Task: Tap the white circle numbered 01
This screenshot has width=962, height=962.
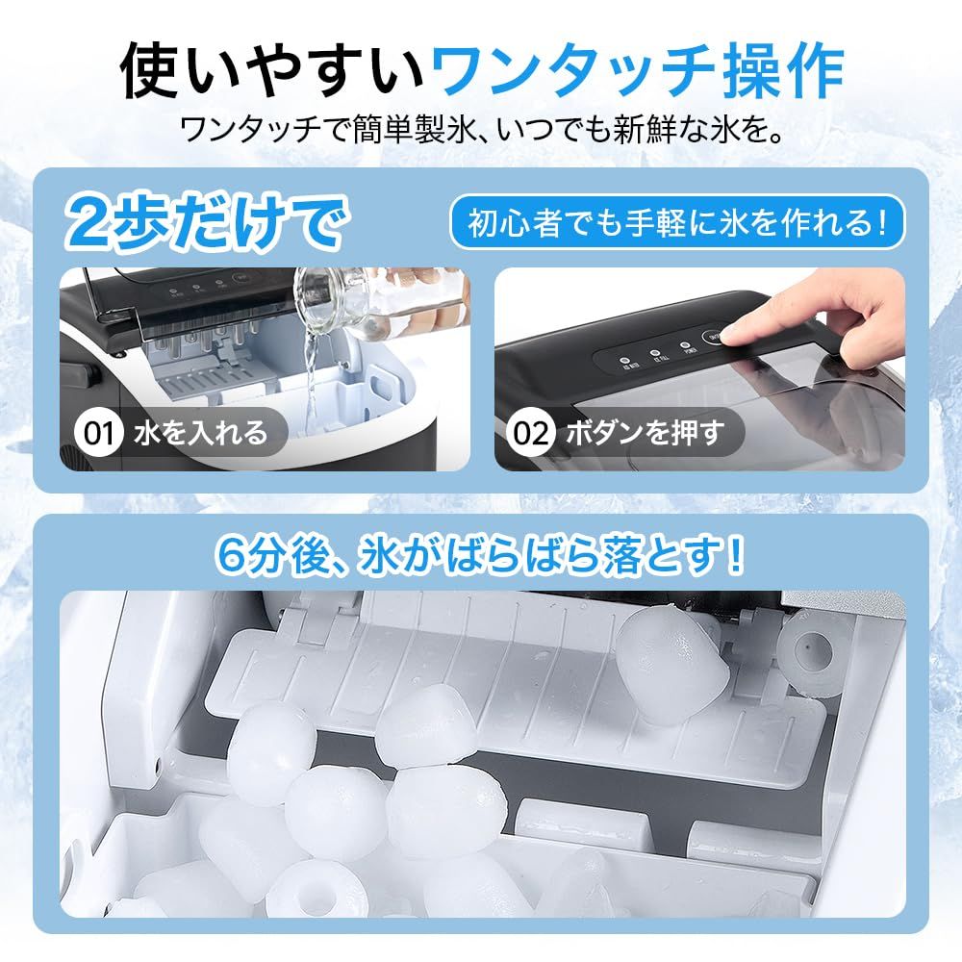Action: [x=97, y=433]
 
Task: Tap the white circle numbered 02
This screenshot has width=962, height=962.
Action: [x=530, y=433]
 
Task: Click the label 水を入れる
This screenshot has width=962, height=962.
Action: [x=198, y=433]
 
